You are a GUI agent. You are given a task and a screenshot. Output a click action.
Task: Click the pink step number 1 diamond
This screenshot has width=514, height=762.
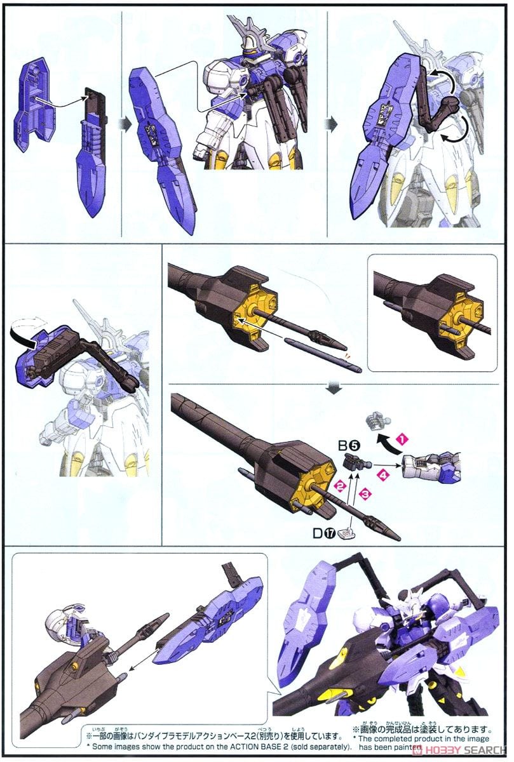coord(402,438)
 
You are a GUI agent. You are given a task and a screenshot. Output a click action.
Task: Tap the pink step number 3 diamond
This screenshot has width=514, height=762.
coord(365,493)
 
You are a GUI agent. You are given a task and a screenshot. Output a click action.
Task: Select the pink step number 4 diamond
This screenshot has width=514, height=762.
coord(382,473)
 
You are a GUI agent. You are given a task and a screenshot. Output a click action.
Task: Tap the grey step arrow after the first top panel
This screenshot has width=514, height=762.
coord(126,123)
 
